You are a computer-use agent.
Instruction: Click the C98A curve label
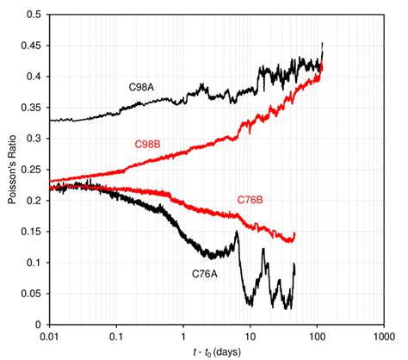click(x=142, y=87)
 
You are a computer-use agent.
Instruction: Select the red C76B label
click(x=250, y=200)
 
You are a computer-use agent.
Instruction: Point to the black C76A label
click(x=206, y=275)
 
